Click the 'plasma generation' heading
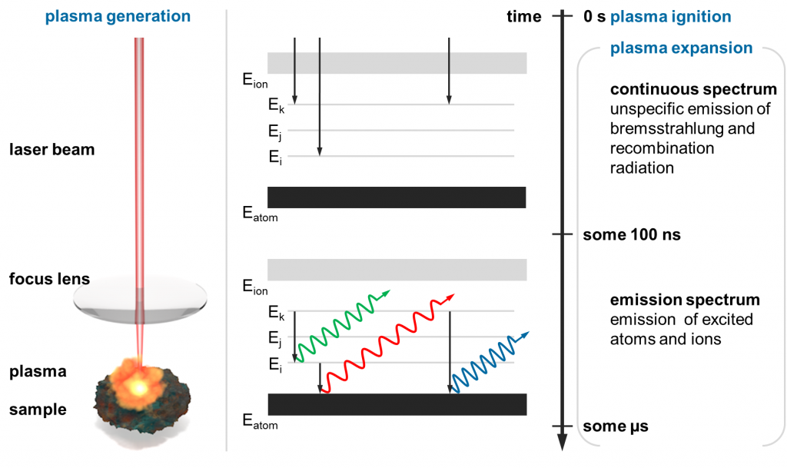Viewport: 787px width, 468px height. click(x=117, y=16)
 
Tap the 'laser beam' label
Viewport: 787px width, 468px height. click(x=52, y=149)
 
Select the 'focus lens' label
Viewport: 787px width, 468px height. click(x=49, y=277)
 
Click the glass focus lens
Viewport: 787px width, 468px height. click(x=140, y=300)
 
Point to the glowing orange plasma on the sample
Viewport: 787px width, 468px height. click(x=140, y=384)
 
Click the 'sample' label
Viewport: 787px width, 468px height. click(x=38, y=410)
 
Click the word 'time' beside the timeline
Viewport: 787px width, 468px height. click(x=524, y=16)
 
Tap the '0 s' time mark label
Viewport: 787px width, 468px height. click(x=594, y=16)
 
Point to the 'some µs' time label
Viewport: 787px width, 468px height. click(x=616, y=426)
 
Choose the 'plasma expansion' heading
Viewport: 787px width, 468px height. click(x=681, y=48)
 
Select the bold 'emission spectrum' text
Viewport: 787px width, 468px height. click(x=685, y=300)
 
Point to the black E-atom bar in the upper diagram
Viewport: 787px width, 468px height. click(x=397, y=197)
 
